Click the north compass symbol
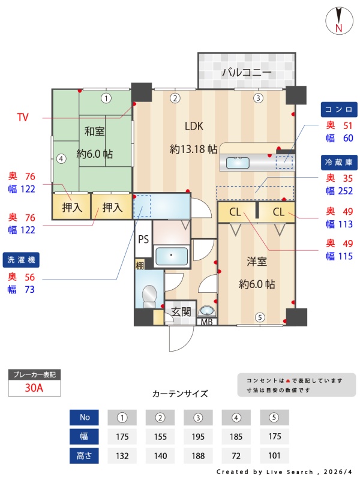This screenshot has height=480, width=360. click(339, 20)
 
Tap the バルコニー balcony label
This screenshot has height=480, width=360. click(247, 73)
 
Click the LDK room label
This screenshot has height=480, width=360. click(194, 126)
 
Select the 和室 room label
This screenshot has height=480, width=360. click(95, 131)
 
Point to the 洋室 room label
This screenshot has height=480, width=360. click(257, 262)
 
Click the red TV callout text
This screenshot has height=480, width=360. click(23, 117)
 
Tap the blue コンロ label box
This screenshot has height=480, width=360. click(339, 110)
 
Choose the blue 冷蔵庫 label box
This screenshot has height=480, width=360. click(339, 162)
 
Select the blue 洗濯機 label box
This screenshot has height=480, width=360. click(21, 260)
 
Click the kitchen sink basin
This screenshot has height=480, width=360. click(238, 163)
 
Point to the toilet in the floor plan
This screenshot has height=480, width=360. click(149, 296)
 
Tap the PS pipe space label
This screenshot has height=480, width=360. click(143, 239)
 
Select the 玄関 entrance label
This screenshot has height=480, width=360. click(181, 312)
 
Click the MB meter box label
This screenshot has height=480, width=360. click(206, 322)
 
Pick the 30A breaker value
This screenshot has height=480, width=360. click(34, 388)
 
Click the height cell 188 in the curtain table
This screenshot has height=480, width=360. click(198, 456)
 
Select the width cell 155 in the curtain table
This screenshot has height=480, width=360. click(160, 437)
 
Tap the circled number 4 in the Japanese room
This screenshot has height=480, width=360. click(61, 159)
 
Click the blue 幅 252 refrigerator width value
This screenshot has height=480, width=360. click(339, 191)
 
